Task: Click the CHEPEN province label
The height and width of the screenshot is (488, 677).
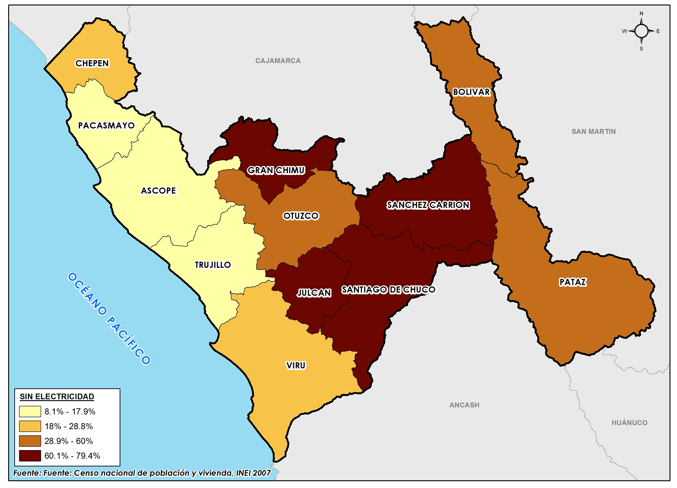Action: click(92, 63)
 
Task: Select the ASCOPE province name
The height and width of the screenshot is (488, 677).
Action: click(158, 190)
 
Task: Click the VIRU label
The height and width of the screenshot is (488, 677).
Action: click(296, 365)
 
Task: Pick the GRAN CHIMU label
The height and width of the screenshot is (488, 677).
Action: click(276, 170)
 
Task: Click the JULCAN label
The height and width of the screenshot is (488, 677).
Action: click(314, 293)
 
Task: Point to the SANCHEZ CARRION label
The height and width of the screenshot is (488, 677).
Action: click(428, 205)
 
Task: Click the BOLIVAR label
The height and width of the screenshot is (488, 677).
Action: click(471, 92)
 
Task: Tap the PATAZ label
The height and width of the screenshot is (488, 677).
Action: click(573, 282)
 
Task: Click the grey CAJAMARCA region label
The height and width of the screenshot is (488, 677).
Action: click(278, 61)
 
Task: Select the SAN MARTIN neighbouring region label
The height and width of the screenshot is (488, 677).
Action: click(593, 131)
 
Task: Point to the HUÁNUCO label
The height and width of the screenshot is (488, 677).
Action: click(629, 422)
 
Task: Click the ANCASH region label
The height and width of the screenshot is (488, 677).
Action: click(464, 405)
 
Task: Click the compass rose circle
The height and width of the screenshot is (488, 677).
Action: click(641, 31)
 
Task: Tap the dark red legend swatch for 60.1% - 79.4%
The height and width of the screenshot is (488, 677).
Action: click(30, 456)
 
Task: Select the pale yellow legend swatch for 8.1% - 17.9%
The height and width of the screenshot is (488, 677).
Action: click(30, 411)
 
